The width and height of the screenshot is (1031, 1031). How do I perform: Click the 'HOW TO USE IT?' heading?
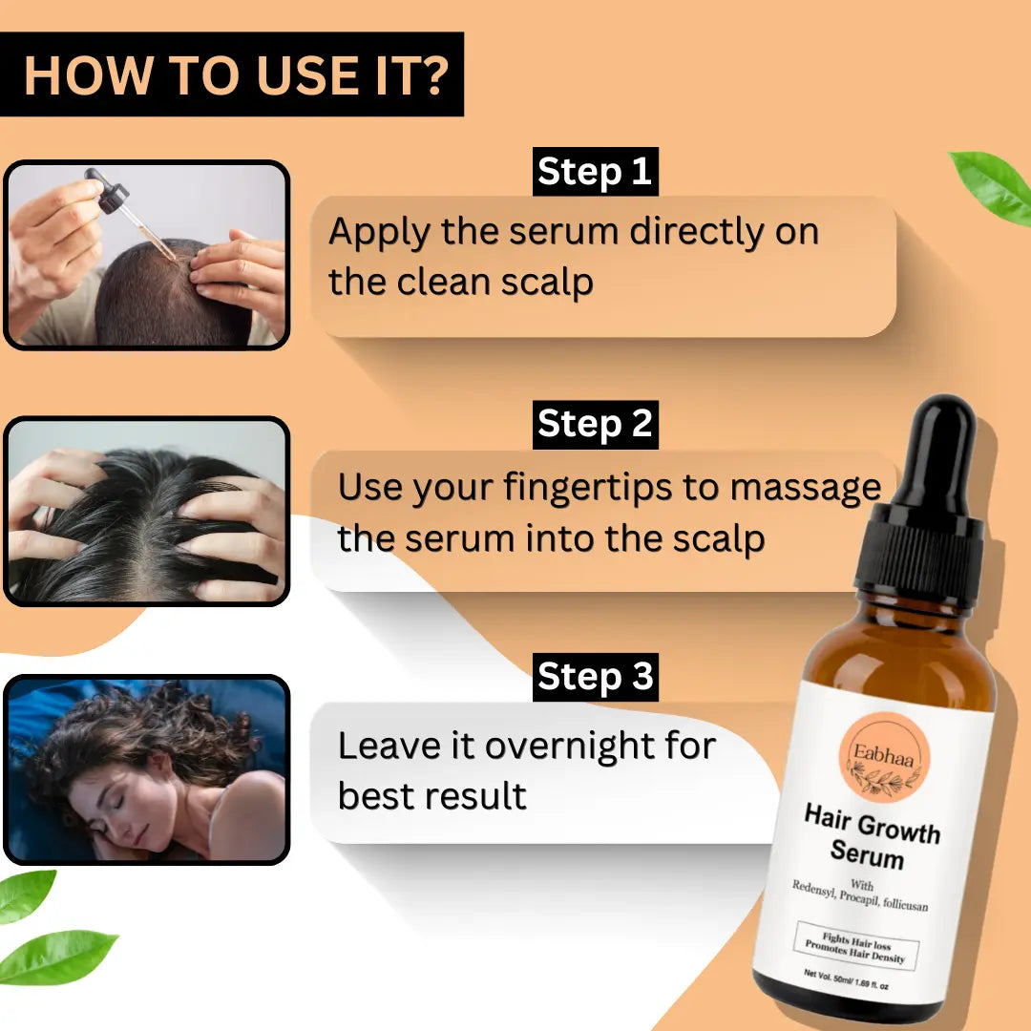click(236, 75)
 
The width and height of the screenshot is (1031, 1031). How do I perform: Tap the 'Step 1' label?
click(595, 172)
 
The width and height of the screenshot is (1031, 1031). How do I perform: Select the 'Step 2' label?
click(595, 424)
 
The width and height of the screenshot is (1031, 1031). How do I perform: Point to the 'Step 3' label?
click(595, 677)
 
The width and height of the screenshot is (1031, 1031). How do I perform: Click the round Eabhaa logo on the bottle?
click(884, 757)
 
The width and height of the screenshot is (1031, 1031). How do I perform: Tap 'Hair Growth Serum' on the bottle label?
click(871, 836)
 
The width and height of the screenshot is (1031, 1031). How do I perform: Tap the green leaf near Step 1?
click(993, 186)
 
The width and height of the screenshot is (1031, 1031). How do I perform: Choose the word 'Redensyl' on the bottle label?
click(813, 890)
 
